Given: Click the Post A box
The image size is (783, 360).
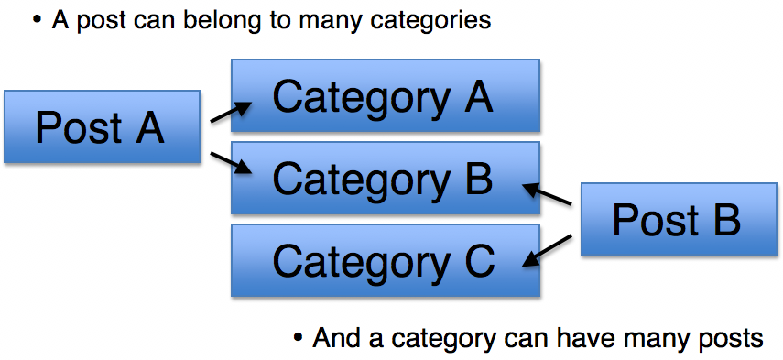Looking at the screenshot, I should click(x=101, y=127).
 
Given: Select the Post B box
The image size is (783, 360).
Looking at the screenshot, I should click(x=676, y=221).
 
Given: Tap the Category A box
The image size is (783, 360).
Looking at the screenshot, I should click(x=384, y=97).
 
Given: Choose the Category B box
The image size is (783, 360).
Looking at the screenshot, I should click(x=384, y=179).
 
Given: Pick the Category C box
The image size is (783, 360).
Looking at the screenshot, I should click(x=384, y=261).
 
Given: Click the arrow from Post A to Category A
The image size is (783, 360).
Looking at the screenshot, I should click(x=230, y=112).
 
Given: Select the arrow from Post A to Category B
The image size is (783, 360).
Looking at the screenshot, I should click(x=230, y=162).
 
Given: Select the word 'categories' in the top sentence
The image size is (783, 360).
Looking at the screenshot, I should click(x=434, y=19).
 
